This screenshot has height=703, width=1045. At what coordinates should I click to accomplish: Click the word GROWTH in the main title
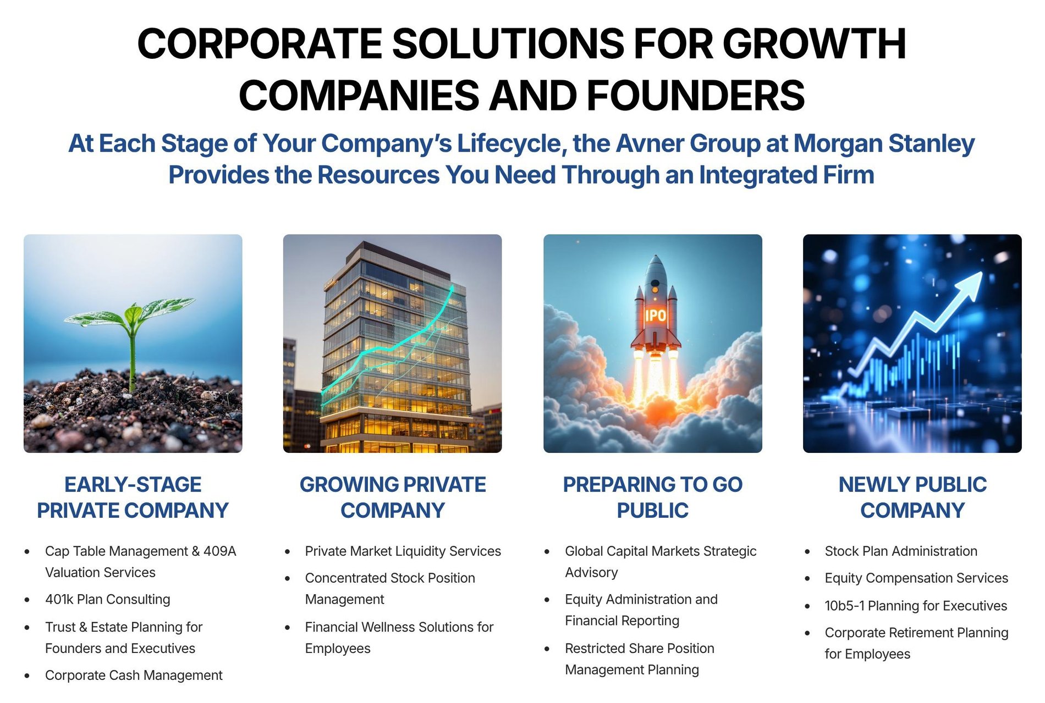(815, 44)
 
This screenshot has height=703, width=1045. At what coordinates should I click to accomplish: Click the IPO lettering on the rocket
(655, 315)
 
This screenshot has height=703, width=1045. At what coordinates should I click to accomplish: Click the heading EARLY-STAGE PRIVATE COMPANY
(133, 497)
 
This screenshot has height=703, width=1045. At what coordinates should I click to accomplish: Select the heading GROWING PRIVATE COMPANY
(393, 497)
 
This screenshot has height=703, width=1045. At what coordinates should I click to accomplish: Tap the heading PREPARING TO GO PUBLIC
(653, 497)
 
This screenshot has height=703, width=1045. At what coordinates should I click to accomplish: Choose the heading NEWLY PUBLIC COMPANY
(912, 497)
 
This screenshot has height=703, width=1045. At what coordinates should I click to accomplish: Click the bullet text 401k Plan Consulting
(108, 599)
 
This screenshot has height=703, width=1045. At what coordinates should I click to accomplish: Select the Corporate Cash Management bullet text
(134, 675)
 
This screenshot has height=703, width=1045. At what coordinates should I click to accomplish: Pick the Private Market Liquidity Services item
(403, 551)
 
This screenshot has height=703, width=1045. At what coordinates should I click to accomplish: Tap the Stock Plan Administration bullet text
(901, 551)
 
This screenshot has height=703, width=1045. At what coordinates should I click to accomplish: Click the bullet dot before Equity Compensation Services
(807, 579)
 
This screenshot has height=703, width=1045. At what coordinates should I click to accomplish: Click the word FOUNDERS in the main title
(696, 95)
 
